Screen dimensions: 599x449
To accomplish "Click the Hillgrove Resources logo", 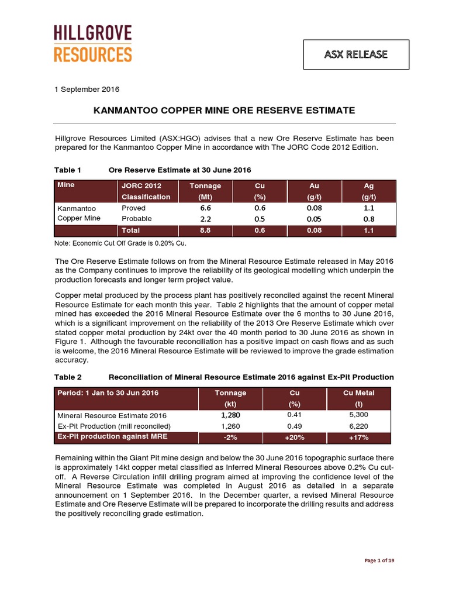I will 93,44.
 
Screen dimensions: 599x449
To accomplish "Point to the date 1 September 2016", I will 87,89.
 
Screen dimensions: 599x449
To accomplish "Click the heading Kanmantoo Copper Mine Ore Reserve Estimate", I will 224,110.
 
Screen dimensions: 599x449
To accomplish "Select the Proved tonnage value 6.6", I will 205,208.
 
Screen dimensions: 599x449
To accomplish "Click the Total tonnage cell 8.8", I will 205,230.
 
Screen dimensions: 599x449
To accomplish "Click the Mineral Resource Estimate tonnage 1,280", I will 230,415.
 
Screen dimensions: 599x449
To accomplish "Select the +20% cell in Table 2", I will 295,438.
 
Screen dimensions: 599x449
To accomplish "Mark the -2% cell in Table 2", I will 230,438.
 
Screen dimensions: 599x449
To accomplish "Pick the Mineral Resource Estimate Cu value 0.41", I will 295,415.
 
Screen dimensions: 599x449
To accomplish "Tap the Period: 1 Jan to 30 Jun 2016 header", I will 108,393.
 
